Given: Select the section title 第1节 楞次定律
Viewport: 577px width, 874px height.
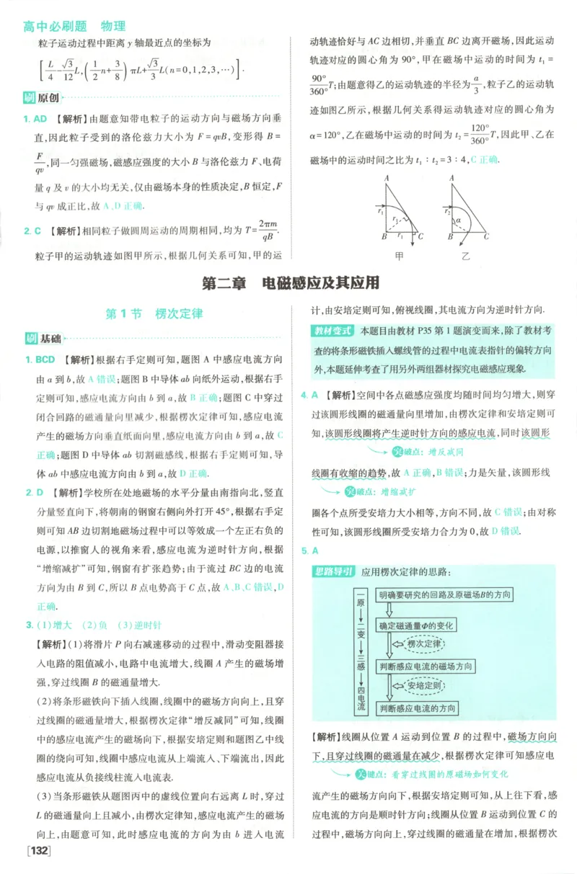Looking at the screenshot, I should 154,314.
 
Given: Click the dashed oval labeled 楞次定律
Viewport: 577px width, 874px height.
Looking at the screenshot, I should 423,643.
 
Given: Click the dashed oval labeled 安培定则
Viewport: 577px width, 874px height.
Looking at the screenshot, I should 423,687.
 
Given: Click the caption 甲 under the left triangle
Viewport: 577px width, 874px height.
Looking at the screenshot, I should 399,255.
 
